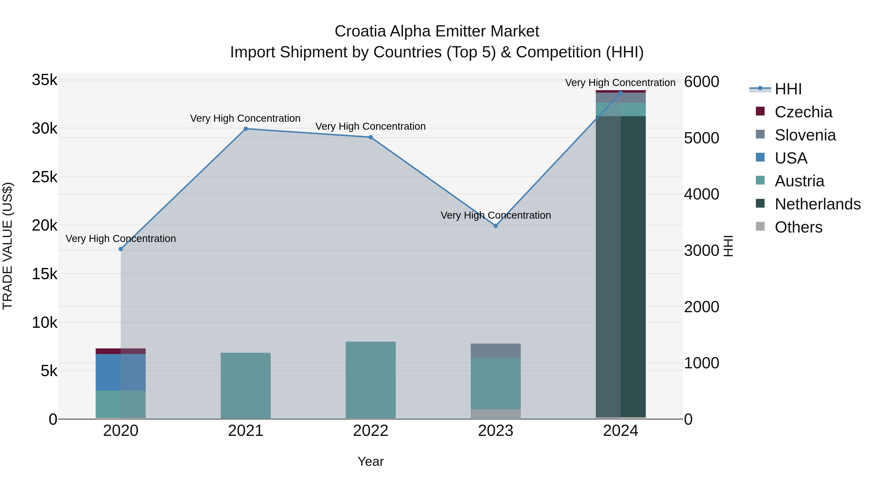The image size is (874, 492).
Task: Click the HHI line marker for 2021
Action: tap(246, 129)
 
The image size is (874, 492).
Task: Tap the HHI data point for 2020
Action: tap(121, 249)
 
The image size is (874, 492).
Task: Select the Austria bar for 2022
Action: tap(370, 380)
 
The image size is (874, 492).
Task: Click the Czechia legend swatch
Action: tap(760, 111)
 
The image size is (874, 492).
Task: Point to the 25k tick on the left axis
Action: tap(44, 177)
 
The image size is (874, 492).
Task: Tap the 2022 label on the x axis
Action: tap(370, 431)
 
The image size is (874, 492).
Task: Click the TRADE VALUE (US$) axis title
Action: tap(8, 246)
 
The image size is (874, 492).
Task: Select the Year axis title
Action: tap(370, 461)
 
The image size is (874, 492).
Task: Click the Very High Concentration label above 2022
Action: tap(370, 126)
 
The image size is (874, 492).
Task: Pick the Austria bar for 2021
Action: tap(246, 386)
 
